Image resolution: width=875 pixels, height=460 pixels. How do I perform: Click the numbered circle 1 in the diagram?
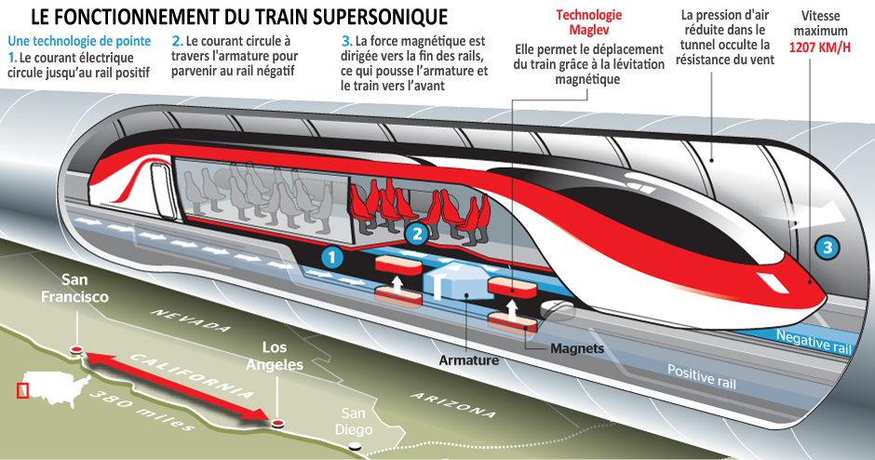(332, 257)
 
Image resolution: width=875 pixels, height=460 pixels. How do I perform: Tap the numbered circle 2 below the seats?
(417, 234)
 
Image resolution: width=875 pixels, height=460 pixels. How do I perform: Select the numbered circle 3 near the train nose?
(827, 248)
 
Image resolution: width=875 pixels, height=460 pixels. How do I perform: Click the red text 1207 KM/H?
(820, 47)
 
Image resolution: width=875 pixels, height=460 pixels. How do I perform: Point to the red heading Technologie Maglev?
(588, 22)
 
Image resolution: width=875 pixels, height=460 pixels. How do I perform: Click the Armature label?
(469, 360)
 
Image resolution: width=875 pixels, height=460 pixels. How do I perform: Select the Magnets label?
(577, 348)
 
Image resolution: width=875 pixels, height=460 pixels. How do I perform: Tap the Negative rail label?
(814, 341)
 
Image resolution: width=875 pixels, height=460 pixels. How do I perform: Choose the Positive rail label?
(702, 375)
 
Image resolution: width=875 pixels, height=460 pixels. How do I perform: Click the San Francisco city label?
(74, 288)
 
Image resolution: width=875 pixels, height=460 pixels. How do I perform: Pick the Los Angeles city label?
(275, 356)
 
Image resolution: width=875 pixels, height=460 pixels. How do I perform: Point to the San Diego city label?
(353, 422)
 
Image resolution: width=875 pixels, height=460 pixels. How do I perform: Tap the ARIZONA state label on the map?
(452, 405)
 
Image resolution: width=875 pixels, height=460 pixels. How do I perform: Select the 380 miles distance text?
(141, 411)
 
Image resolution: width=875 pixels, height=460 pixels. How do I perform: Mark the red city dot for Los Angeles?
(276, 423)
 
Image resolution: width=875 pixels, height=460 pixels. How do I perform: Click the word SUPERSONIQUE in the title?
(379, 17)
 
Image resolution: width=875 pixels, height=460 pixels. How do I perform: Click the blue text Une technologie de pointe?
(79, 41)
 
